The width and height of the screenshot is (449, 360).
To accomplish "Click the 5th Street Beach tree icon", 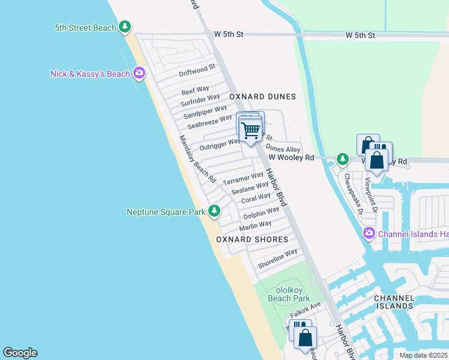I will pos(125,26).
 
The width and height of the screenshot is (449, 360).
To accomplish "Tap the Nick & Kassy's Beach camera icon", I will pos(139,73).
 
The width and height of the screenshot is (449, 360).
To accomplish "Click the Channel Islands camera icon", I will pos(369,233).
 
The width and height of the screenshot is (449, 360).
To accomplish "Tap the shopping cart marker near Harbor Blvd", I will pos(250,130).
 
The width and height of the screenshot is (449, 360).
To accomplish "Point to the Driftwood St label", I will pos(197,70).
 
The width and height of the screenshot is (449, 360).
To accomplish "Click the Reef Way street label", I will pos(195,91).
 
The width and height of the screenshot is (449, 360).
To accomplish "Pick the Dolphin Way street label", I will pos(261,213).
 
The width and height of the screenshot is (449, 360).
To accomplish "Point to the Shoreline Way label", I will pos(277,259).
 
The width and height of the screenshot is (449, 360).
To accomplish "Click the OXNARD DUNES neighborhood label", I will pos(262,97).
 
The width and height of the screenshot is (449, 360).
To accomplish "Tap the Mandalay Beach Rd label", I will pos(197,158).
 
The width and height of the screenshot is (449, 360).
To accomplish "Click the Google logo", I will pos(20,353).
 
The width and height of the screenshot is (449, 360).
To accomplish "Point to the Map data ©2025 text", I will pos(423,355).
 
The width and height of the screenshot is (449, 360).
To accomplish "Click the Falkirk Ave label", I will pos(306,311).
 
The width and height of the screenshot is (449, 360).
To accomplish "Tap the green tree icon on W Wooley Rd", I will pos(342,159).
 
